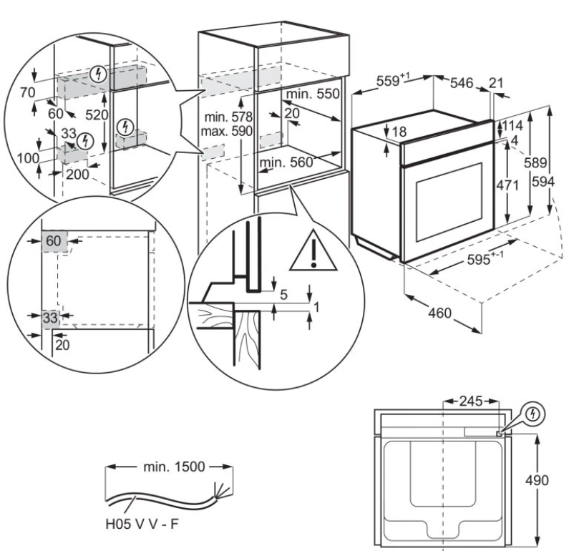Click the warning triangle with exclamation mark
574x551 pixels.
[313, 252]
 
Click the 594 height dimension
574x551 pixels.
[560, 182]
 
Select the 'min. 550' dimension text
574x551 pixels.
[313, 94]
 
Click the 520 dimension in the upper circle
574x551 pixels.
[94, 114]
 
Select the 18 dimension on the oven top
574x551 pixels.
[399, 132]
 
